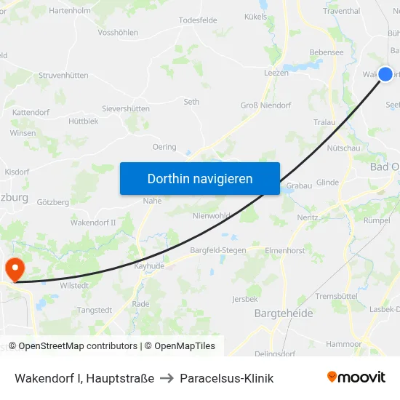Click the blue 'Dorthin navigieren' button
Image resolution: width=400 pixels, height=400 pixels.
[x=200, y=178]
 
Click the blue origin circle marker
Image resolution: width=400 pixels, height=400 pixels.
[x=385, y=73]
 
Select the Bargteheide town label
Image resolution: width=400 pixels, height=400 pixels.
[x=284, y=313]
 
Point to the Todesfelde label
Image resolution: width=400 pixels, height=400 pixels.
[x=198, y=20]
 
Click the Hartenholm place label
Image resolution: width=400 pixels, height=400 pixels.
[x=70, y=11]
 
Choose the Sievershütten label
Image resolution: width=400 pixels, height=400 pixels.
[x=126, y=108]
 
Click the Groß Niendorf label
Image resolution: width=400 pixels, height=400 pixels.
[x=266, y=105]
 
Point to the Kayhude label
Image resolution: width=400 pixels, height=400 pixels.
[x=150, y=266]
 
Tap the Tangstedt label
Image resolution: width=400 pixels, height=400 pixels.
[x=95, y=310]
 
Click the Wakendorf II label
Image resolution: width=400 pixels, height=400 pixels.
[x=93, y=222]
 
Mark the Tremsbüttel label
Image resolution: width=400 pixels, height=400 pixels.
[x=336, y=296]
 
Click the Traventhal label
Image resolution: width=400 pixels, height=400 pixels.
[x=341, y=11]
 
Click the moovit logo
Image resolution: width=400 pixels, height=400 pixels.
[x=356, y=377]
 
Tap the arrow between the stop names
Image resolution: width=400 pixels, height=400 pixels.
[x=167, y=378]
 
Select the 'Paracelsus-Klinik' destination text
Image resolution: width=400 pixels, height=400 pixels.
[x=227, y=378]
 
